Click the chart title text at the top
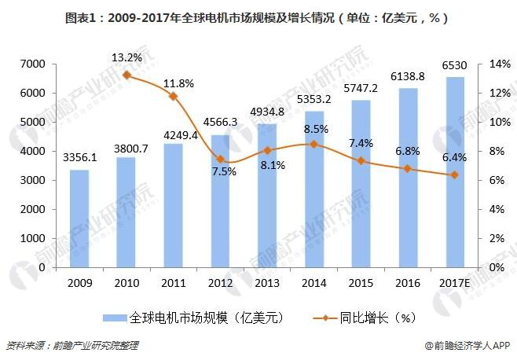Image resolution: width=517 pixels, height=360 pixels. [258, 17]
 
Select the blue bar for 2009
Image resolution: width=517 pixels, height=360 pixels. [79, 219]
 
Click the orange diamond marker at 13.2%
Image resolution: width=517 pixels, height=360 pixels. [126, 75]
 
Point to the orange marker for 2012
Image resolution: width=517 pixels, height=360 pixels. [219, 159]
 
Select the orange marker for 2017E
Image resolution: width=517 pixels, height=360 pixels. [453, 174]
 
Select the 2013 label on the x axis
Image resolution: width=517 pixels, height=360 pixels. [266, 282]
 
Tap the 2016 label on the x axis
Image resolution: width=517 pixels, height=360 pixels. [406, 282]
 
